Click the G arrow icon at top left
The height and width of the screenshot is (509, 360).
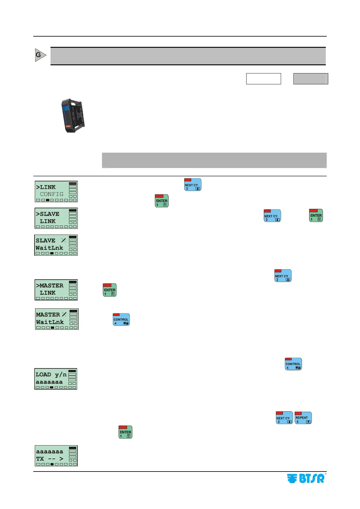pyautogui.click(x=40, y=55)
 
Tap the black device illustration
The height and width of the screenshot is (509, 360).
pyautogui.click(x=73, y=115)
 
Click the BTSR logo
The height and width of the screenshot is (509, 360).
pyautogui.click(x=306, y=478)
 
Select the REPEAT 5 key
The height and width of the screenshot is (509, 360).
pyautogui.click(x=303, y=418)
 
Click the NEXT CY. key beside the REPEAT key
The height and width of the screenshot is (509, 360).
pyautogui.click(x=284, y=418)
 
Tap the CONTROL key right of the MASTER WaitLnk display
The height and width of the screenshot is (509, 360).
pyautogui.click(x=121, y=319)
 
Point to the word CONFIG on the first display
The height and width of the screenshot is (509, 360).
pyautogui.click(x=52, y=194)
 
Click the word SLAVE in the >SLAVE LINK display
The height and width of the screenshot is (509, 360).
pyautogui.click(x=50, y=214)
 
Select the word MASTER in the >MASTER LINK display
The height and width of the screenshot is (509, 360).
pyautogui.click(x=51, y=285)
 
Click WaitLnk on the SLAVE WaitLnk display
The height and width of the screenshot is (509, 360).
pyautogui.click(x=49, y=248)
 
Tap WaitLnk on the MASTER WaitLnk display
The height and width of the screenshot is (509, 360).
pyautogui.click(x=50, y=322)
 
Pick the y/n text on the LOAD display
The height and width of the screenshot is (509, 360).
pyautogui.click(x=61, y=374)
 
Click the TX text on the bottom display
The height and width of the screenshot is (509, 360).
pyautogui.click(x=40, y=459)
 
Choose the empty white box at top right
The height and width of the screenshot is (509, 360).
pyautogui.click(x=263, y=79)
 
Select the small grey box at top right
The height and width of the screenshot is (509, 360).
pyautogui.click(x=311, y=79)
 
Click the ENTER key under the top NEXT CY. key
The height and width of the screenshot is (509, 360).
pyautogui.click(x=162, y=201)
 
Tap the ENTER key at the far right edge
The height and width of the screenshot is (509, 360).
pyautogui.click(x=316, y=216)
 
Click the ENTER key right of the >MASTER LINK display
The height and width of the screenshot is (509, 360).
pyautogui.click(x=110, y=290)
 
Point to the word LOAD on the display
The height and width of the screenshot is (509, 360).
pyautogui.click(x=43, y=374)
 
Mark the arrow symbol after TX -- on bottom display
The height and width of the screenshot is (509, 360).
pyautogui.click(x=61, y=459)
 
